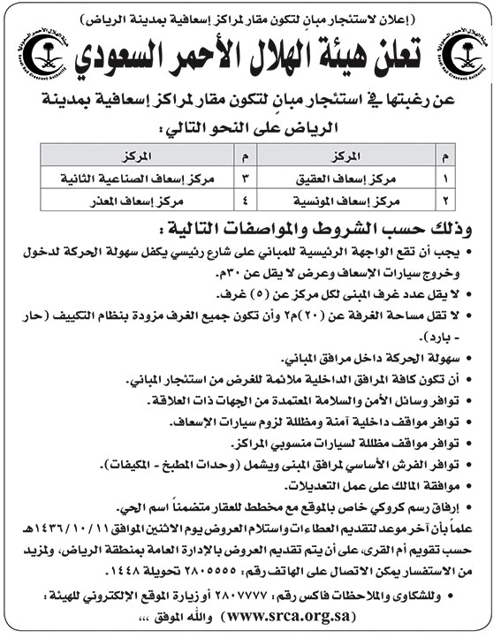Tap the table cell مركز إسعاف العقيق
353,177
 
